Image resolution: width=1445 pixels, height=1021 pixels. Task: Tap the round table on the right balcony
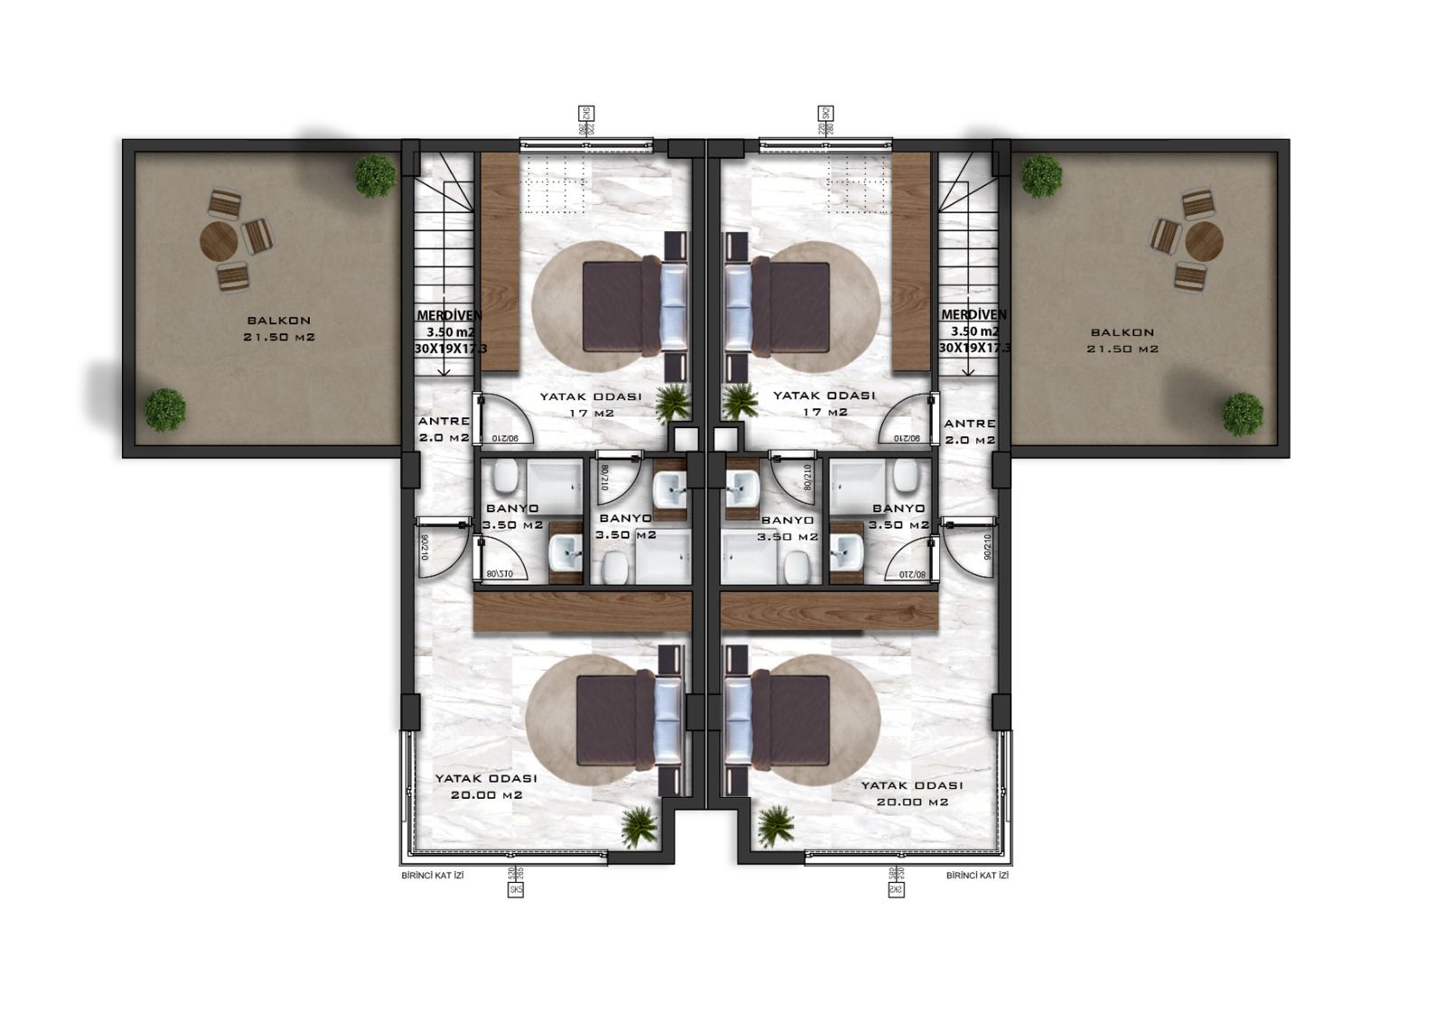pos(1203,241)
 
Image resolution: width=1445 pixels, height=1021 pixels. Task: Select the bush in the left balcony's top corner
pos(374,175)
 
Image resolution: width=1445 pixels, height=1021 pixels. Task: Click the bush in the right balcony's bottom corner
pos(1243,415)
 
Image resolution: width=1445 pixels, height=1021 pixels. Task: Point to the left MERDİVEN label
pos(449,315)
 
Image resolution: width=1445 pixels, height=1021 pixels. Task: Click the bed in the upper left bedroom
pos(632,305)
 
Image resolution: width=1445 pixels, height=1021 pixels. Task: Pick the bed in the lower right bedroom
pos(777,720)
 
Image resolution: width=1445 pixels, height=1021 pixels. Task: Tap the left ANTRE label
pos(443,422)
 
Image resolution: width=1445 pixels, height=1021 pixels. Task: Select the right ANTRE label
pos(969,423)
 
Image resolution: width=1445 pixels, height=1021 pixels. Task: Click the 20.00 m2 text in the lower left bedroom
pos(487,795)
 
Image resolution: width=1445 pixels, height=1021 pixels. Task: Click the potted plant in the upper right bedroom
pos(741,401)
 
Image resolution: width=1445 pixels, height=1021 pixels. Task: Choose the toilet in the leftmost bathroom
pos(505,475)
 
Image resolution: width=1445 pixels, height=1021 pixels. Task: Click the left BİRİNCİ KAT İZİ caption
pos(432,876)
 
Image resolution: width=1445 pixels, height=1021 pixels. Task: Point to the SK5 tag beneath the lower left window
pos(517,889)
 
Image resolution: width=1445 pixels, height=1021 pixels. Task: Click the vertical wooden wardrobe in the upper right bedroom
pos(911,260)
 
